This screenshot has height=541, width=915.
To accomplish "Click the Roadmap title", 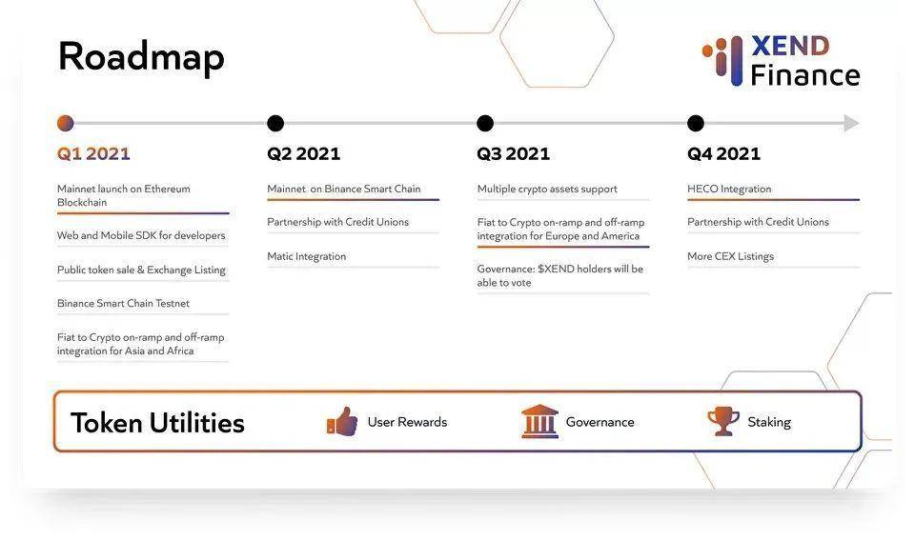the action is click(141, 58).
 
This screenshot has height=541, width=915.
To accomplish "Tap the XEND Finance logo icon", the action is click(723, 61).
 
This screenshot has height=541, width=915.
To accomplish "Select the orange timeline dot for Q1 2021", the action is click(66, 123).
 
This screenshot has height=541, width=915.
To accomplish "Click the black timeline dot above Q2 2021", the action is click(275, 123).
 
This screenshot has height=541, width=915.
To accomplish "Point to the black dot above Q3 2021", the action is click(485, 123).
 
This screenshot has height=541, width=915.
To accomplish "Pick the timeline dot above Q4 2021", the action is click(696, 123).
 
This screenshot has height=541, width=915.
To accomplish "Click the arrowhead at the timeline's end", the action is click(852, 123).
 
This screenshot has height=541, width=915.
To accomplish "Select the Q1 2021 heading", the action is click(93, 154).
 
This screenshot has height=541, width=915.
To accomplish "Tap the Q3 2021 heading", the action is click(513, 154).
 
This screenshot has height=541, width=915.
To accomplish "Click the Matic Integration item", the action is click(306, 256).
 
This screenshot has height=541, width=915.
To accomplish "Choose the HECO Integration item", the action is click(729, 189).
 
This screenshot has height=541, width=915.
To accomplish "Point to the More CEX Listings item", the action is click(731, 256).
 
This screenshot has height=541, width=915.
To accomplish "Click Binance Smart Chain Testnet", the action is click(123, 303).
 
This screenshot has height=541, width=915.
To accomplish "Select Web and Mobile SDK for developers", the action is click(141, 235).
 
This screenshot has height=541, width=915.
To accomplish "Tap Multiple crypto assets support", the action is click(547, 189).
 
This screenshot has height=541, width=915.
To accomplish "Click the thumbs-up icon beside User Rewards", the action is click(342, 421).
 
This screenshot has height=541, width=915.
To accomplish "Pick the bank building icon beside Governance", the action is click(539, 421).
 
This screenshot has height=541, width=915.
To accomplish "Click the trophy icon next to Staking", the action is click(723, 421).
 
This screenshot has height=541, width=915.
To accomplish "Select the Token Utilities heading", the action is click(157, 423).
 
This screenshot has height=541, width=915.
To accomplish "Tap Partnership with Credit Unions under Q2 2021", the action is click(337, 222).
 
